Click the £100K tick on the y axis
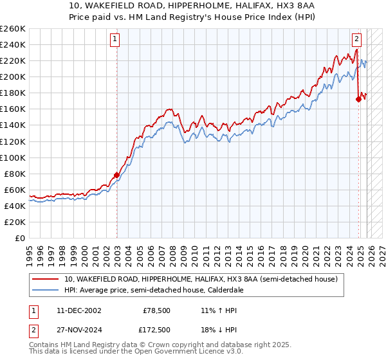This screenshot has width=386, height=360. (13, 157)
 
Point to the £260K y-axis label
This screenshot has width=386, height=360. (13, 29)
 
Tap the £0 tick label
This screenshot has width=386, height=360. (21, 238)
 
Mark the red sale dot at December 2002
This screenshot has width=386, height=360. (116, 175)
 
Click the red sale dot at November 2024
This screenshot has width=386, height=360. (358, 98)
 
